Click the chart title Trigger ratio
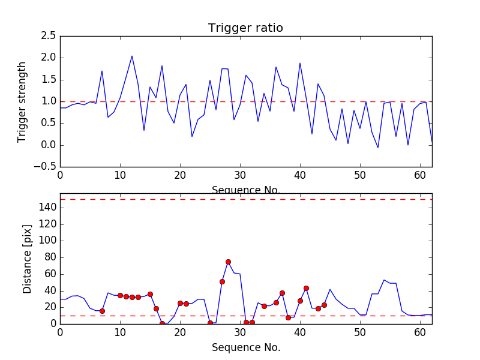tap(245, 28)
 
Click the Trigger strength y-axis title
tap(22, 101)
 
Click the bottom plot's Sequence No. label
tap(245, 347)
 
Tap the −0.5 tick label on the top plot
tap(46, 167)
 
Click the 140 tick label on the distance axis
tap(47, 208)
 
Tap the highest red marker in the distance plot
tap(228, 262)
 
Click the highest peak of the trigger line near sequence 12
tap(132, 56)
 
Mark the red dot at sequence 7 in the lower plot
tap(102, 311)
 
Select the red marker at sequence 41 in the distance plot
tap(306, 288)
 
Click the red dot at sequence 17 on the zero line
tap(162, 323)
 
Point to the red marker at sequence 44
tap(324, 305)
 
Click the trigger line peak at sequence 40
tap(300, 63)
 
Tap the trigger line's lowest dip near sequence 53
tap(378, 148)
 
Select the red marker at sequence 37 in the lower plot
tap(282, 293)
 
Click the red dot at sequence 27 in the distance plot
tap(222, 281)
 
